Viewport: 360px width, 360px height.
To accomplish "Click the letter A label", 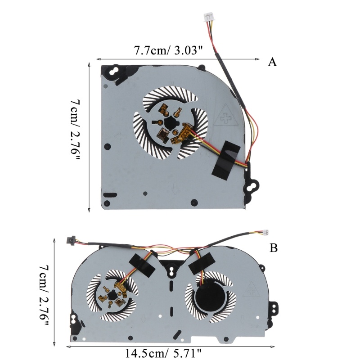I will pyautogui.click(x=272, y=62).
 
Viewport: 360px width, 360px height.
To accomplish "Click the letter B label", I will pyautogui.click(x=274, y=248).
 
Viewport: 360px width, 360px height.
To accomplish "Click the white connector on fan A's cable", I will pyautogui.click(x=207, y=18).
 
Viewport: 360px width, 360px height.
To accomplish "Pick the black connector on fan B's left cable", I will pyautogui.click(x=70, y=238).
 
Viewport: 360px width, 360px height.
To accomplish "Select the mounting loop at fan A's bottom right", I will pyautogui.click(x=252, y=185).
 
